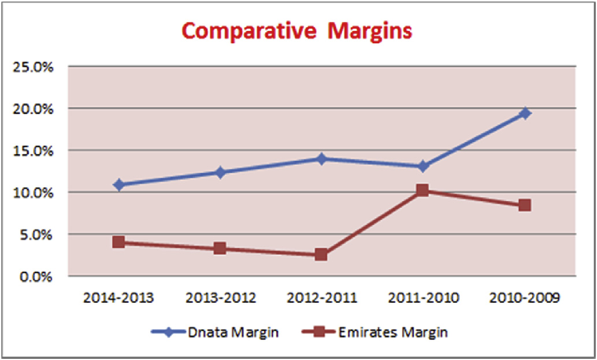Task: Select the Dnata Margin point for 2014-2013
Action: [x=119, y=185]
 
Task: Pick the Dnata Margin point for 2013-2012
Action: [x=220, y=172]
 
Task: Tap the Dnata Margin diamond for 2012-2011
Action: [x=321, y=158]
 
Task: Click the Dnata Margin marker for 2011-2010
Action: [x=422, y=166]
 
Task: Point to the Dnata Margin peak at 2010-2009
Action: [x=525, y=113]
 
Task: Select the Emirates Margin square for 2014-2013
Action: [x=119, y=242]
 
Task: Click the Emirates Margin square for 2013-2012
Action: [x=220, y=248]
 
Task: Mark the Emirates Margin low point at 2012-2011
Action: [x=321, y=254]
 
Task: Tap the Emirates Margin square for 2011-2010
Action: [x=422, y=190]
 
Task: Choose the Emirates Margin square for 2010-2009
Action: [x=525, y=205]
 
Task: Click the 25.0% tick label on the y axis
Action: [x=33, y=66]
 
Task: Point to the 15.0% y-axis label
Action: [x=33, y=150]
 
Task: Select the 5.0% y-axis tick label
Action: [x=36, y=235]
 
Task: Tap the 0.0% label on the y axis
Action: [x=36, y=276]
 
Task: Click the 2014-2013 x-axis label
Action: [x=118, y=298]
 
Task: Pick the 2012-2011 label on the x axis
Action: [x=321, y=298]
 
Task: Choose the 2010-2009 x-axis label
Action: [x=525, y=298]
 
